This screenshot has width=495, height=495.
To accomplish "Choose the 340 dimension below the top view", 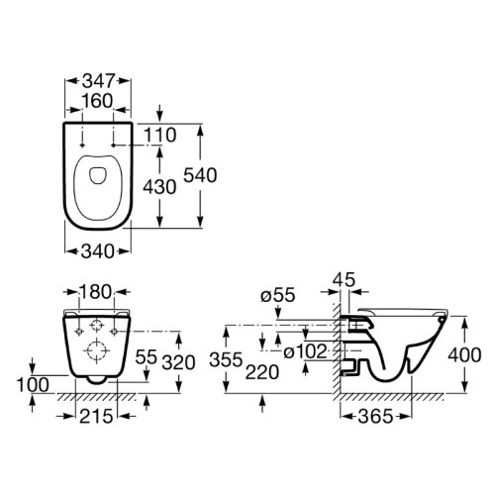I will coord(97,249).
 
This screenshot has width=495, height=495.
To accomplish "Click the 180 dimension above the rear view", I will coord(97,294).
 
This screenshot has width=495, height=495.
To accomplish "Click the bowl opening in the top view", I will coord(97,176).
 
